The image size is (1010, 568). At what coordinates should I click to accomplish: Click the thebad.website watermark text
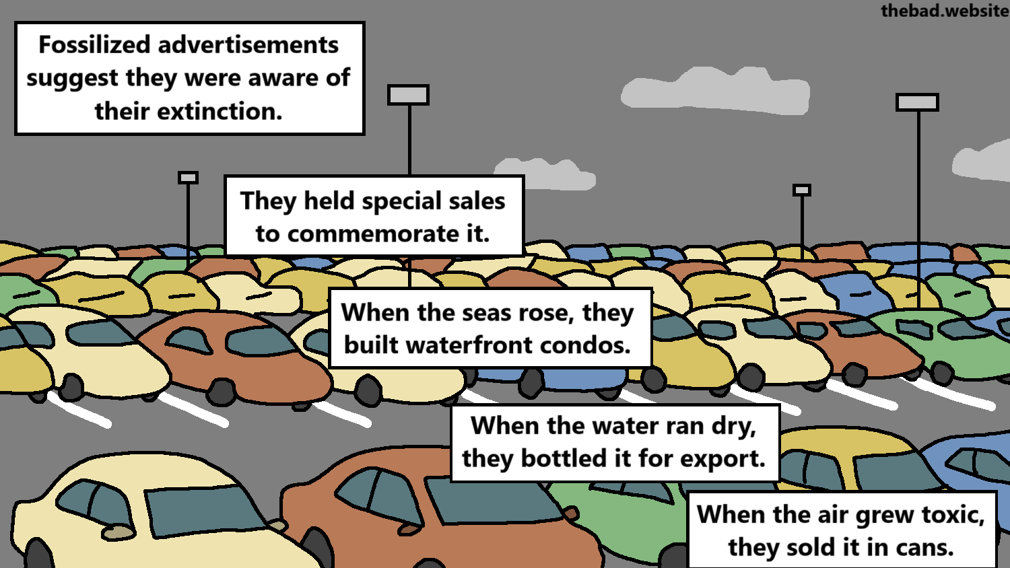point(944,11)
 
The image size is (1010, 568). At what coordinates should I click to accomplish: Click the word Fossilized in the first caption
point(94,45)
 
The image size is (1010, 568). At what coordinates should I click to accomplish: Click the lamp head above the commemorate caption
point(408,95)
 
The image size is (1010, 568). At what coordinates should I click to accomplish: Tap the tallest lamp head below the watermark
point(917,102)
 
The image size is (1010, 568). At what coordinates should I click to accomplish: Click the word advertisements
point(248,45)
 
